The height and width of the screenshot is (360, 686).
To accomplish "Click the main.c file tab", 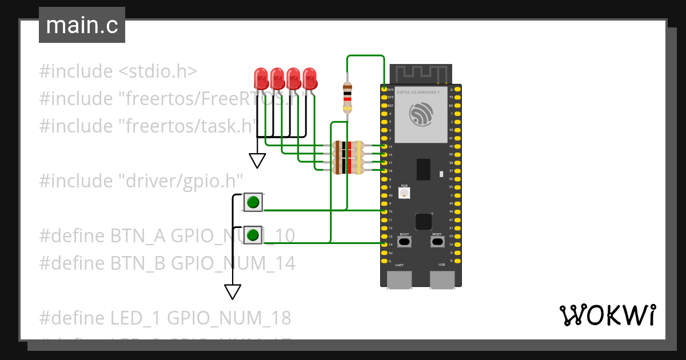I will click(82, 25).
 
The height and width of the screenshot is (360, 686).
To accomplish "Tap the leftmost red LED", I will click(261, 78).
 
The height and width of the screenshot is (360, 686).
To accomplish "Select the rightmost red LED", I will click(310, 78).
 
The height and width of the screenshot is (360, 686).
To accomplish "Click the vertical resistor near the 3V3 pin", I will click(347, 98).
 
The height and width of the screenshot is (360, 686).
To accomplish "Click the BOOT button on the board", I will click(404, 242).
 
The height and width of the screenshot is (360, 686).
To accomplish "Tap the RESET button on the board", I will click(437, 242).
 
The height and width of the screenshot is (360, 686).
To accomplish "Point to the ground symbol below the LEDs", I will click(257, 161).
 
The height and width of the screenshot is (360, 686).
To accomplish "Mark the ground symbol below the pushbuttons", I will click(232, 291).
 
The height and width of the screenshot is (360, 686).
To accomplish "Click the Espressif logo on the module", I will click(421, 114).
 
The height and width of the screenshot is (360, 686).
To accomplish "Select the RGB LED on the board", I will click(404, 193).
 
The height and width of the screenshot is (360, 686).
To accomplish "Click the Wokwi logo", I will click(607, 315).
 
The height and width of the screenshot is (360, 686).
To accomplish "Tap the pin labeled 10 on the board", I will click(384, 211).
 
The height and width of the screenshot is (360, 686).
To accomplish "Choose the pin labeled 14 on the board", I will click(384, 244).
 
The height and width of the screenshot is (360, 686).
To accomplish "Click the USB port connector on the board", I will click(442, 279).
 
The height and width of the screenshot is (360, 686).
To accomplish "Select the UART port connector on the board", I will click(399, 279).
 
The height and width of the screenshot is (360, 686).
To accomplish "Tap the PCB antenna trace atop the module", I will click(421, 73).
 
